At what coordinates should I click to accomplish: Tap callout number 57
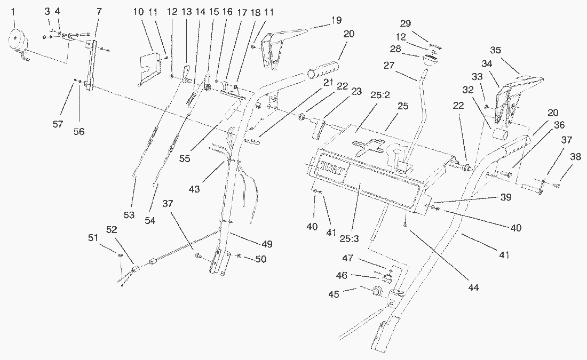pyautogui.click(x=58, y=124)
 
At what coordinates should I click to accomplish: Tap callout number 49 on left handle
pyautogui.click(x=267, y=244)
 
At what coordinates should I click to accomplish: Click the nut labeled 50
pyautogui.click(x=239, y=258)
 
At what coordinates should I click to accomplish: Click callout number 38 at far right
pyautogui.click(x=575, y=158)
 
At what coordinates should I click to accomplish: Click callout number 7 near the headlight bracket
pyautogui.click(x=98, y=11)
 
